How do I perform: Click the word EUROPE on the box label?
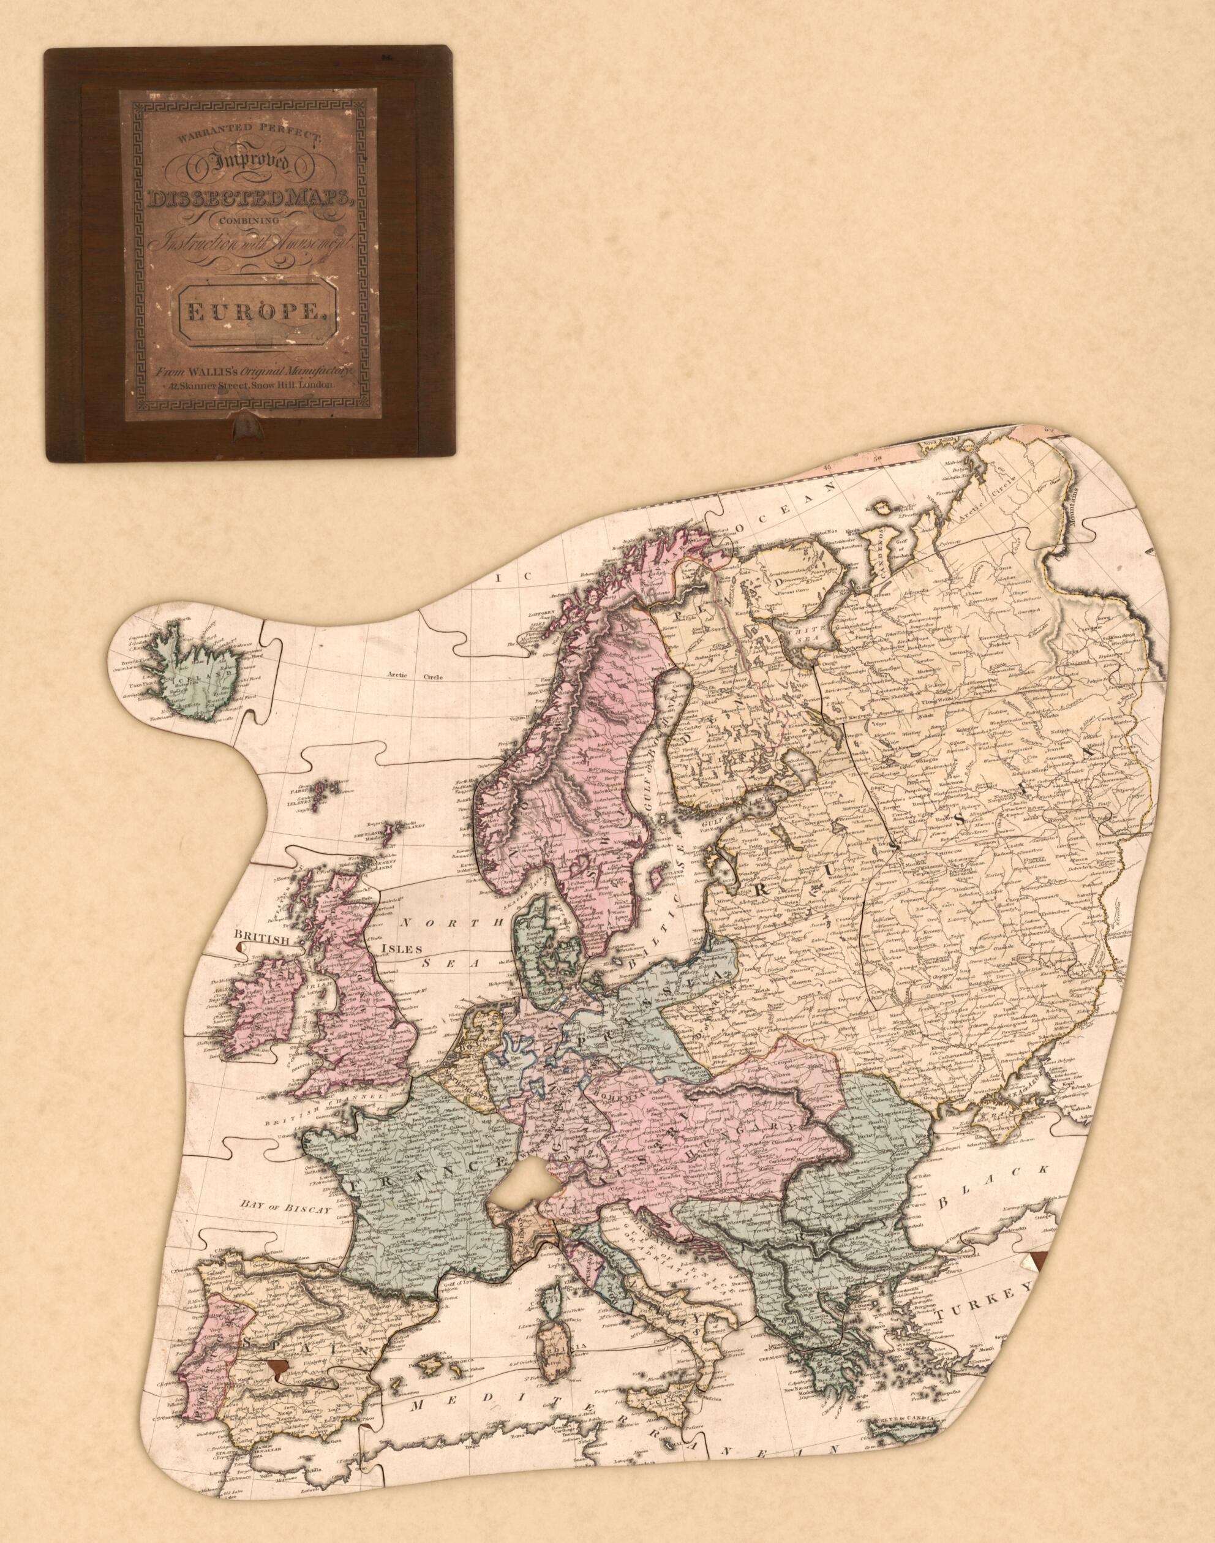252,314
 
